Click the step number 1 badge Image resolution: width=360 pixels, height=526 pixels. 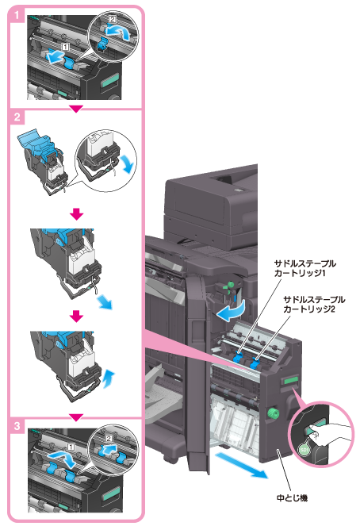pyautogui.click(x=17, y=15)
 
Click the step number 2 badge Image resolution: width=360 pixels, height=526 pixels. pyautogui.click(x=17, y=117)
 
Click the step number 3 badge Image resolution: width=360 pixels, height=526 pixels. pyautogui.click(x=17, y=426)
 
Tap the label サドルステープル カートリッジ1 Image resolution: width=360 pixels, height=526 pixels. pyautogui.click(x=304, y=268)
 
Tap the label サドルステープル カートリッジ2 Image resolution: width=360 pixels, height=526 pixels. pyautogui.click(x=314, y=305)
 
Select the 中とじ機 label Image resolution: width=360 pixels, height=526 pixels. pyautogui.click(x=292, y=497)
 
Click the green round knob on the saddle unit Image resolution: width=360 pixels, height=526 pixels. pyautogui.click(x=273, y=413)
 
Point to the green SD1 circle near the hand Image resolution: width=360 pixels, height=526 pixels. pyautogui.click(x=304, y=450)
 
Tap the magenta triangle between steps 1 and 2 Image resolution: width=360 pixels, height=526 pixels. pyautogui.click(x=76, y=109)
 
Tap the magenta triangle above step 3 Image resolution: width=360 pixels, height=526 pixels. pyautogui.click(x=76, y=417)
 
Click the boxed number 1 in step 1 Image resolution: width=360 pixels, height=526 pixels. pyautogui.click(x=65, y=47)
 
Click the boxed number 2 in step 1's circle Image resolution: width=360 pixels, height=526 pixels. pyautogui.click(x=113, y=20)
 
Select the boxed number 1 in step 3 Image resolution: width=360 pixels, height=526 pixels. pyautogui.click(x=71, y=447)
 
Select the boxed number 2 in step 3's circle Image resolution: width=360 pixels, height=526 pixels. pyautogui.click(x=109, y=439)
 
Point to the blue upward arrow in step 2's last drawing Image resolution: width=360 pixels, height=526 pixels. pyautogui.click(x=109, y=379)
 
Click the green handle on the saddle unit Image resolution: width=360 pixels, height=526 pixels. pyautogui.click(x=290, y=380)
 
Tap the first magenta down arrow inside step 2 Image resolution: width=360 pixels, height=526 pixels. pyautogui.click(x=77, y=214)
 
